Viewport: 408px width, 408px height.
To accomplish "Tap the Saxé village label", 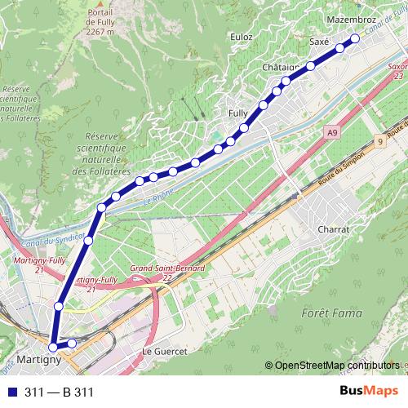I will [x=320, y=40].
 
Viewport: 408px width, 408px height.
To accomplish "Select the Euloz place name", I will [x=242, y=37].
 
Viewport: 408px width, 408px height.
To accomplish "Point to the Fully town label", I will [x=238, y=113].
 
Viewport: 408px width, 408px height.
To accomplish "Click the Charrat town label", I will [x=334, y=230].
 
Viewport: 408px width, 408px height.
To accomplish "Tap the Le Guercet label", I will [x=165, y=351].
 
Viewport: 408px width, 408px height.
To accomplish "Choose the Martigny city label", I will [x=39, y=359].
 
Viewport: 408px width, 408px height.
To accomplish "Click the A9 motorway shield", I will [x=330, y=131].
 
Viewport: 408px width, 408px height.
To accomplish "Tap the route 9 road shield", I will [x=380, y=142].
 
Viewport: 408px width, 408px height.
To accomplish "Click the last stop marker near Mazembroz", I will [x=355, y=39].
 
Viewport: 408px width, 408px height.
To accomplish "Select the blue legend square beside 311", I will [x=12, y=392].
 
